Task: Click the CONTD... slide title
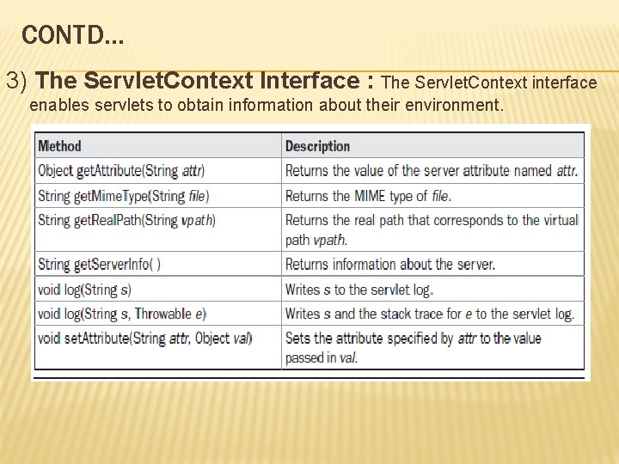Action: (73, 35)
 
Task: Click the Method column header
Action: (59, 146)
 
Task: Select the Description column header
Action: (317, 146)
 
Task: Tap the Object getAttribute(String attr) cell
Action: (121, 171)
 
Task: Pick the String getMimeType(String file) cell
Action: (123, 196)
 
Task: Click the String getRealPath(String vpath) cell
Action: (126, 220)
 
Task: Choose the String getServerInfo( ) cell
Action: (99, 264)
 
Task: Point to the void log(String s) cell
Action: (84, 289)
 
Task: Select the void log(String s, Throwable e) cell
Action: (122, 314)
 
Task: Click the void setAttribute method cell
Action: (144, 338)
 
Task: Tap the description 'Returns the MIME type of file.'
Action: (368, 196)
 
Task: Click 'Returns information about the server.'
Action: (390, 264)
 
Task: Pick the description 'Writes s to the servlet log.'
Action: (359, 289)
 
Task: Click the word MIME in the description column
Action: (371, 196)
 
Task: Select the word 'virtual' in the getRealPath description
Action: (557, 220)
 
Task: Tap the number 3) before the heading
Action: (18, 82)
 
